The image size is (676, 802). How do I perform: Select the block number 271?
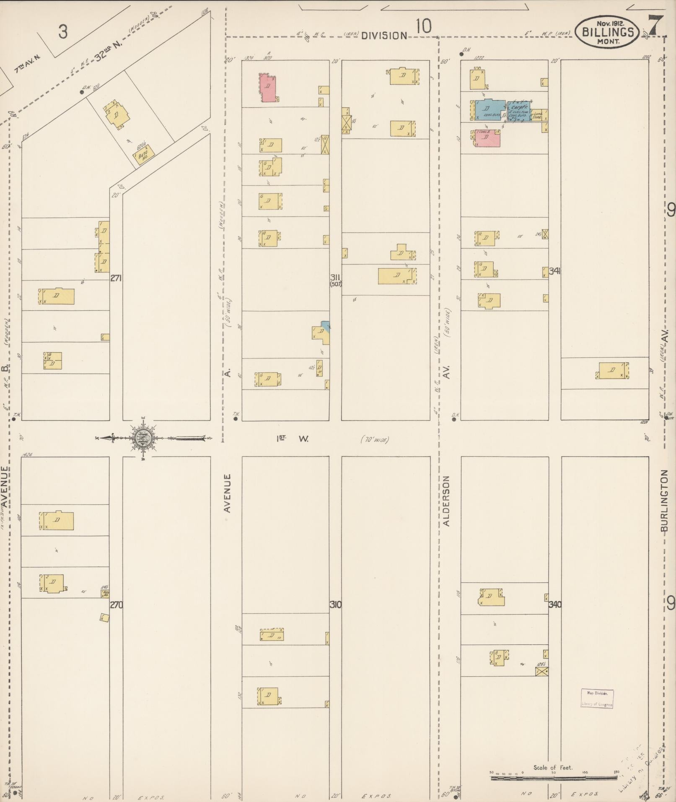pyautogui.click(x=116, y=278)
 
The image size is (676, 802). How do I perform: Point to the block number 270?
pyautogui.click(x=116, y=605)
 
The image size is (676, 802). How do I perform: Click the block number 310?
pyautogui.click(x=335, y=605)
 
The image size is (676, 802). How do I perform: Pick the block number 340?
pyautogui.click(x=555, y=605)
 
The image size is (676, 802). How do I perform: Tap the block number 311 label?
pyautogui.click(x=335, y=278)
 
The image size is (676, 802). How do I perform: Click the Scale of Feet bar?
pyautogui.click(x=553, y=778)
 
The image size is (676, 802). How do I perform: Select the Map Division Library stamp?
pyautogui.click(x=597, y=698)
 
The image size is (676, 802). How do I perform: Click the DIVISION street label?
pyautogui.click(x=384, y=36)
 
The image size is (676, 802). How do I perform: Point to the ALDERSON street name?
pyautogui.click(x=446, y=501)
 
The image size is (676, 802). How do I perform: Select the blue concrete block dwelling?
pyautogui.click(x=489, y=110)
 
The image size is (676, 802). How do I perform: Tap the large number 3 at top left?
pyautogui.click(x=63, y=32)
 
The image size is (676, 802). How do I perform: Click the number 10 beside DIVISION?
pyautogui.click(x=423, y=27)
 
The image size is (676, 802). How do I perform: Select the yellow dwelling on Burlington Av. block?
pyautogui.click(x=612, y=370)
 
